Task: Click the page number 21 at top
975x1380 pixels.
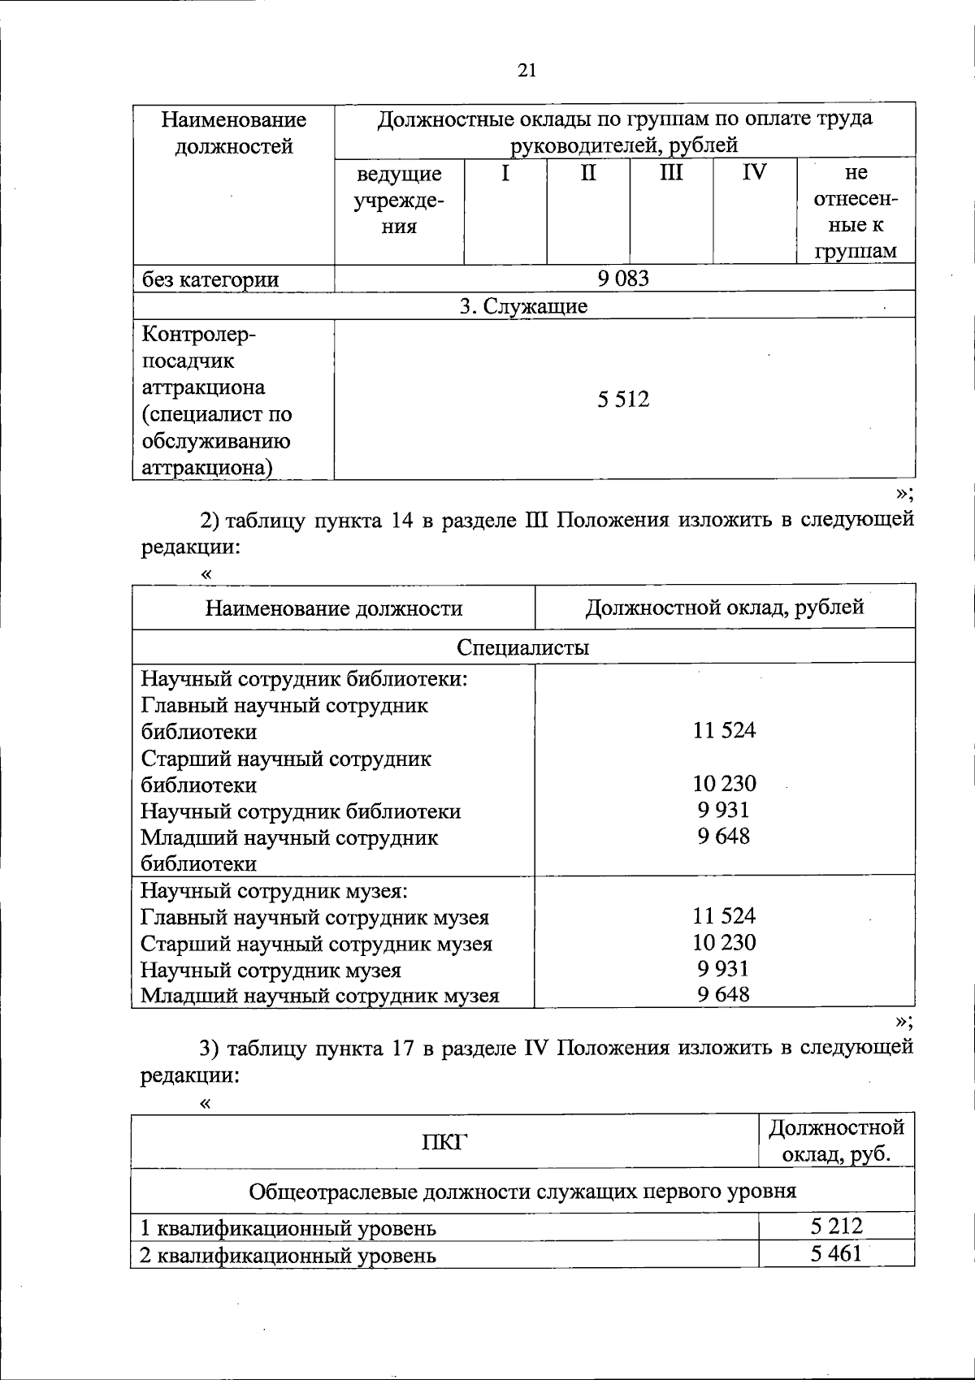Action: point(526,70)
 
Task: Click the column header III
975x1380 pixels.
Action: point(671,172)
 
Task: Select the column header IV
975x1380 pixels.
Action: point(754,172)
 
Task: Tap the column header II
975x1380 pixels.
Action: point(588,172)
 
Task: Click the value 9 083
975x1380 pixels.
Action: point(623,279)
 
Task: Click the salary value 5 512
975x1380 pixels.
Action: point(623,400)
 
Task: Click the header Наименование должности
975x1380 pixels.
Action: point(333,608)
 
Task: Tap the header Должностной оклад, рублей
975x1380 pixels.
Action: point(724,607)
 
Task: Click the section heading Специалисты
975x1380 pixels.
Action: point(523,647)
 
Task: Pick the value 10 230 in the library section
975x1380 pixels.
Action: point(724,784)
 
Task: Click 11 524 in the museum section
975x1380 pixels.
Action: point(724,916)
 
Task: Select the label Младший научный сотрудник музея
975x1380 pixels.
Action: point(319,996)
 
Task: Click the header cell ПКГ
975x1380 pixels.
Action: point(444,1142)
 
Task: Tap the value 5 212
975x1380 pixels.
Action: point(835,1226)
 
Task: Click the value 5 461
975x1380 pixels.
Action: point(835,1254)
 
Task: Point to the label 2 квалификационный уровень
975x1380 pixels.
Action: point(288,1256)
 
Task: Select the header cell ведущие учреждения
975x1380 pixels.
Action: point(399,200)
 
